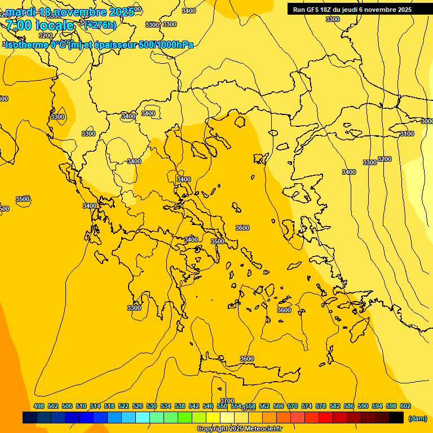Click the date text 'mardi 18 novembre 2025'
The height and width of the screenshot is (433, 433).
pyautogui.click(x=70, y=11)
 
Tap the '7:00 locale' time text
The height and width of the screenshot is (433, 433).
pyautogui.click(x=39, y=25)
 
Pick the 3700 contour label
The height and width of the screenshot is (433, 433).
pyautogui.click(x=227, y=401)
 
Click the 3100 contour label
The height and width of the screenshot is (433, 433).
pyautogui.click(x=407, y=134)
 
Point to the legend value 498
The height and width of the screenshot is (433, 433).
pyautogui.click(x=39, y=407)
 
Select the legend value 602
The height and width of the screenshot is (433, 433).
pyautogui.click(x=405, y=407)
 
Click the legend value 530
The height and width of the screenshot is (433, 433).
pyautogui.click(x=152, y=407)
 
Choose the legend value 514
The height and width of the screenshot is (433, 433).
pyautogui.click(x=95, y=407)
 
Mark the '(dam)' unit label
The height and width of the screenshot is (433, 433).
pyautogui.click(x=417, y=418)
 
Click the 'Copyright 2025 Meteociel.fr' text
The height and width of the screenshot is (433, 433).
pyautogui.click(x=239, y=428)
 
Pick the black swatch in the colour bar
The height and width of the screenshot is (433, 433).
pyautogui.click(x=396, y=418)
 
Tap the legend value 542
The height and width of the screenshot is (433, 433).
pyautogui.click(x=194, y=407)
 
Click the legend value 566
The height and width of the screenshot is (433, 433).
pyautogui.click(x=279, y=407)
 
